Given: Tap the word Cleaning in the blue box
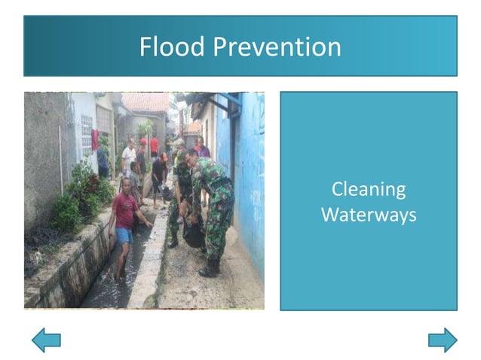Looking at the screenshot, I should [x=369, y=189].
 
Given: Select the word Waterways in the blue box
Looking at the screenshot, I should [x=369, y=215].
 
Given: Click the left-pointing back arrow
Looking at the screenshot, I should [x=46, y=340].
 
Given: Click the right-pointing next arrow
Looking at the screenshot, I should [x=443, y=340].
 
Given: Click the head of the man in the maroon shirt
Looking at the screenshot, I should [x=125, y=183].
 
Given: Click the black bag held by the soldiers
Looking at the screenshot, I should [x=193, y=235].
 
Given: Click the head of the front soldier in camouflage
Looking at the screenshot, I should [x=191, y=156].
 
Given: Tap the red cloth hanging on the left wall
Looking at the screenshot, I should [x=94, y=139].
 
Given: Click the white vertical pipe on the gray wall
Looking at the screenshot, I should [x=61, y=169].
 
